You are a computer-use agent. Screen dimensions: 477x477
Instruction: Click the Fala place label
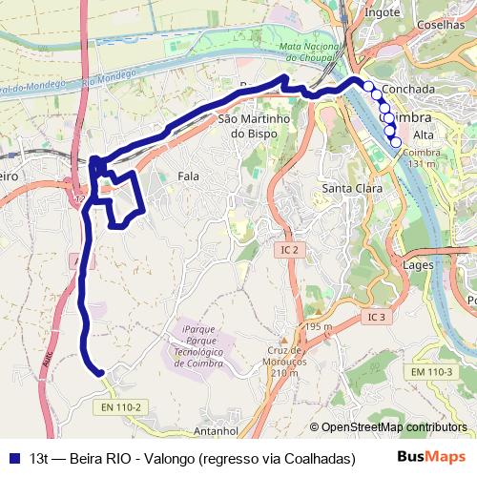(189, 176)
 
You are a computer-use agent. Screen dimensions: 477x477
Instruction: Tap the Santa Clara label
(352, 188)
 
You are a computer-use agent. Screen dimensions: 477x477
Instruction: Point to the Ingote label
(383, 12)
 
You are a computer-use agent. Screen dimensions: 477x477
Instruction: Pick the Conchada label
(407, 89)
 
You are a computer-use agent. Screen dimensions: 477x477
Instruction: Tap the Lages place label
(420, 264)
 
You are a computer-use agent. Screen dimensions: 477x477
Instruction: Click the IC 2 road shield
(290, 249)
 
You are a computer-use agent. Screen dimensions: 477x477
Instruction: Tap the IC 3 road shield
(375, 317)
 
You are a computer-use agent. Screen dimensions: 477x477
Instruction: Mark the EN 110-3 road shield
(429, 370)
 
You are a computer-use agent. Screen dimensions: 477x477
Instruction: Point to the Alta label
(424, 135)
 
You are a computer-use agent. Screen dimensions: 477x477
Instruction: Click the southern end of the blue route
(98, 372)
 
